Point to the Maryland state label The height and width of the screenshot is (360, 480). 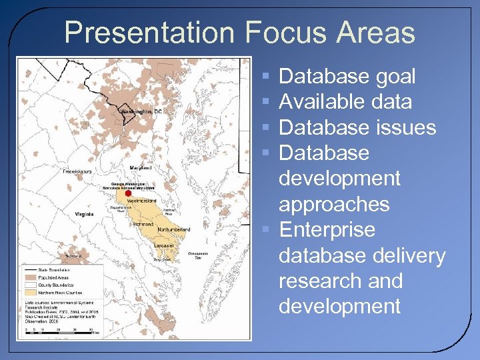pyautogui.click(x=141, y=167)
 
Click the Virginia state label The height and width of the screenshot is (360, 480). pyautogui.click(x=84, y=215)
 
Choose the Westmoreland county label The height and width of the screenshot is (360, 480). pyautogui.click(x=141, y=200)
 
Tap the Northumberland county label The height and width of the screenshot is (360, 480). pyautogui.click(x=173, y=229)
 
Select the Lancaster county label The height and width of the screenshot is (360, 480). pyautogui.click(x=164, y=245)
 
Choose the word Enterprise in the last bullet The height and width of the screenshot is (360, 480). pyautogui.click(x=327, y=230)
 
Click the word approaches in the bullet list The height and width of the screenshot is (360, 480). pyautogui.click(x=334, y=204)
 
